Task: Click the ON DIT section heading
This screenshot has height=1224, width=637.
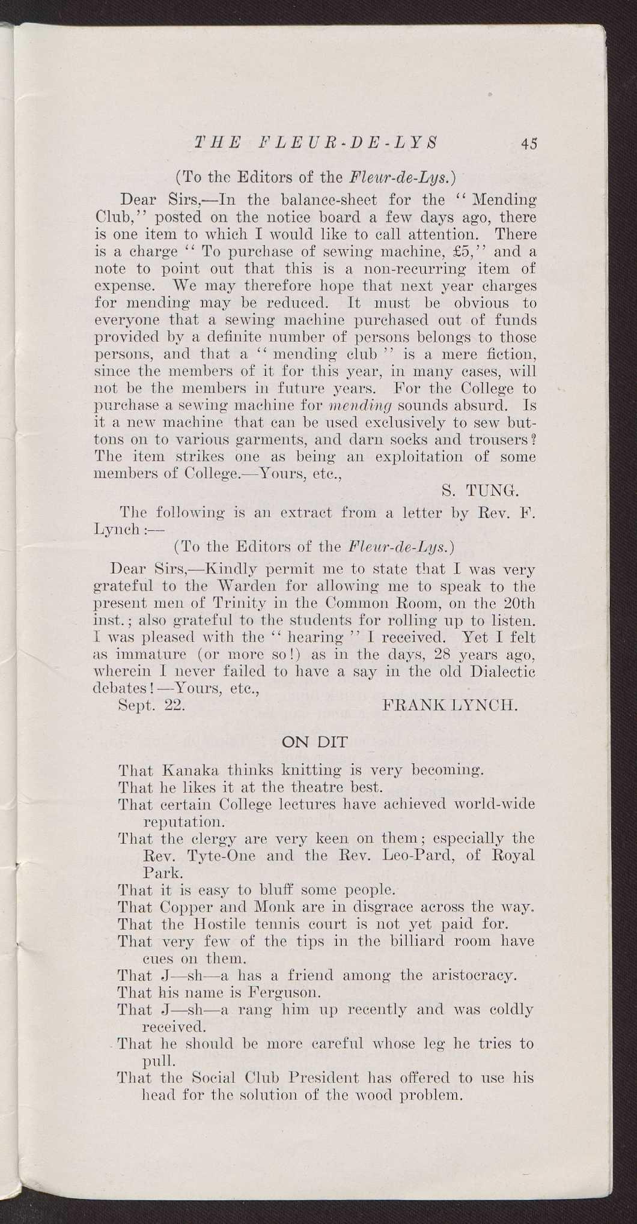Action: [x=314, y=742]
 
